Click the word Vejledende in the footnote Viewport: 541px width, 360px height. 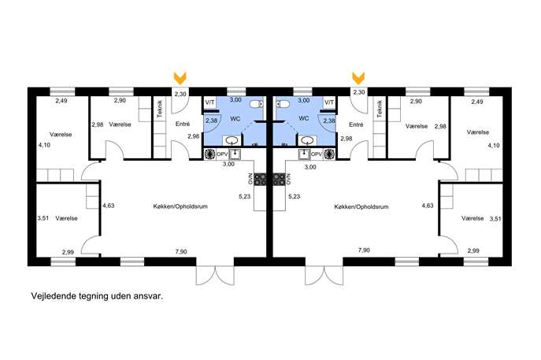click(x=53, y=296)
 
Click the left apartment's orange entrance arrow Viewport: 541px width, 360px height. click(x=180, y=78)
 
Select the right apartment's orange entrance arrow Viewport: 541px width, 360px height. click(x=358, y=78)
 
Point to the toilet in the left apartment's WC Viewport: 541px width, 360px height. click(x=257, y=104)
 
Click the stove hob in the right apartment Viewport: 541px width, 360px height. click(x=279, y=179)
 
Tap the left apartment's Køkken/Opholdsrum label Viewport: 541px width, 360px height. click(x=180, y=206)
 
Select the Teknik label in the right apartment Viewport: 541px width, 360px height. click(x=380, y=109)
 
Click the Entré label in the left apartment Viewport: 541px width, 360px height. click(x=183, y=124)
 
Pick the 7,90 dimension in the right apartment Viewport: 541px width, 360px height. click(x=364, y=251)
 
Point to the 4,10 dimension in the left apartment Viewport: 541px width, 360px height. click(x=44, y=145)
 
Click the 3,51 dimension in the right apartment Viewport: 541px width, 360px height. click(x=495, y=219)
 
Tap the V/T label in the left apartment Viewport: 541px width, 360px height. click(x=209, y=102)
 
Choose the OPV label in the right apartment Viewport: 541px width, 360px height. click(x=317, y=154)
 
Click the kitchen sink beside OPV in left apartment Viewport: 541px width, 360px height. click(x=235, y=154)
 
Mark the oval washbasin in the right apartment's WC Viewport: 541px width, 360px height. click(x=307, y=140)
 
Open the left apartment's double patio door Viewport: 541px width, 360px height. click(x=215, y=275)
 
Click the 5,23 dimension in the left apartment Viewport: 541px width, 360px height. click(x=245, y=196)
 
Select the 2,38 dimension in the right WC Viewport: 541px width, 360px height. click(x=329, y=121)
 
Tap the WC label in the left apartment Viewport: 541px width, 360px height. click(x=235, y=119)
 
